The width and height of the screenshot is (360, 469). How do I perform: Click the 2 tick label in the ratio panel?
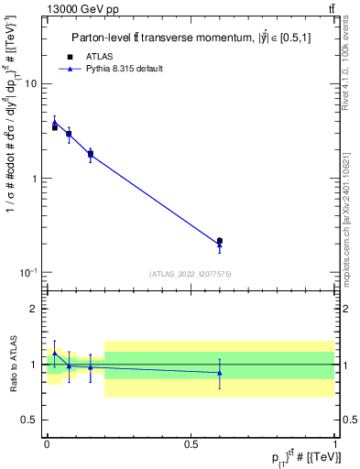34,309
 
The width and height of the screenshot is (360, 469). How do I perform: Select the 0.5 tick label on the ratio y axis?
30,420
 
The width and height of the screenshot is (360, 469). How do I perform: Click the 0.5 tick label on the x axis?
191,442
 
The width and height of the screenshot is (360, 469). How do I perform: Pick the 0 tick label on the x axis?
47,442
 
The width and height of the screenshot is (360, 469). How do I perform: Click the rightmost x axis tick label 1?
334,442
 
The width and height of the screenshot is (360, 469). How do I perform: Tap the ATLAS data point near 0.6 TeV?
220,241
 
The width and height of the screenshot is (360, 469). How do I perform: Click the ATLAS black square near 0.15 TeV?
90,154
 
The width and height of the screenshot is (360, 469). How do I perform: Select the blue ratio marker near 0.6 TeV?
220,373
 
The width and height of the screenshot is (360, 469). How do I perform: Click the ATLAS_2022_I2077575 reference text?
190,274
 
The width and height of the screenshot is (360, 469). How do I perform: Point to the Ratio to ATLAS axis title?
12,364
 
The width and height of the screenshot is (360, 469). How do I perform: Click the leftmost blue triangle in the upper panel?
55,122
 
